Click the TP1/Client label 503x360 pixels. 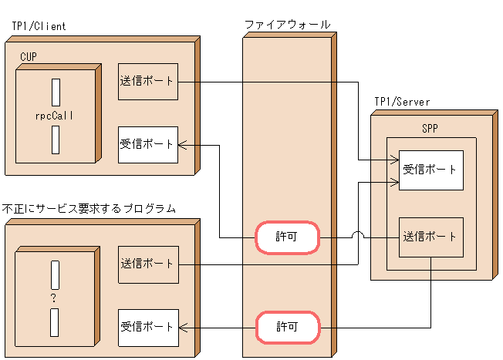[39, 26]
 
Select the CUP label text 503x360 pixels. [29, 56]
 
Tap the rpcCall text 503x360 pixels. [54, 116]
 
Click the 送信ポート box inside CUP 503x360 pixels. [148, 81]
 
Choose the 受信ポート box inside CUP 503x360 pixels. [148, 144]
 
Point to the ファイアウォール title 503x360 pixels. [287, 25]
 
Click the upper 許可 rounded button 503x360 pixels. [287, 238]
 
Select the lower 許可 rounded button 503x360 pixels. [287, 327]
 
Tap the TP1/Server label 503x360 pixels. [402, 102]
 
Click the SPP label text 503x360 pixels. [430, 129]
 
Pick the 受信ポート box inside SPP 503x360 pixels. [430, 170]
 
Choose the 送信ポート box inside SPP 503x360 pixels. [430, 237]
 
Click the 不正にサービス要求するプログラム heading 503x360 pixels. [89, 209]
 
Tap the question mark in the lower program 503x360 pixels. [54, 298]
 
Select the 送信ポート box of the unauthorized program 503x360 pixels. [148, 264]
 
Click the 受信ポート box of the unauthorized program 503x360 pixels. [148, 328]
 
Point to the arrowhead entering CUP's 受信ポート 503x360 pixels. [183, 144]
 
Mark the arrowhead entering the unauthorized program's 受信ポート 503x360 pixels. [183, 328]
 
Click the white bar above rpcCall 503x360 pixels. [56, 92]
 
